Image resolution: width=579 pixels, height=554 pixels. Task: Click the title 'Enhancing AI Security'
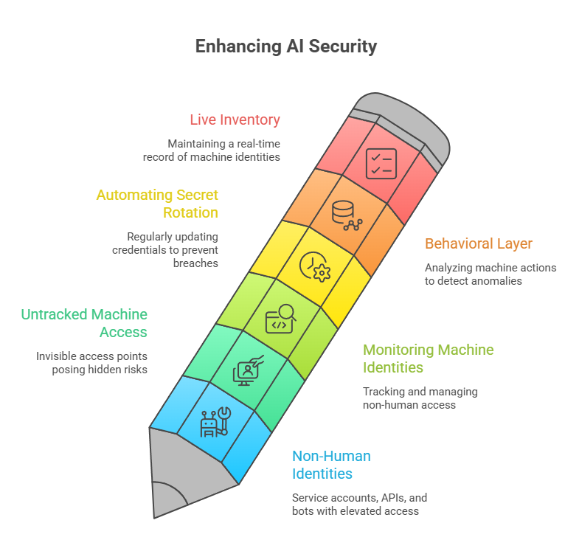[286, 46]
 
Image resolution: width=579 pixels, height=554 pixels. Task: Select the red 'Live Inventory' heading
[235, 120]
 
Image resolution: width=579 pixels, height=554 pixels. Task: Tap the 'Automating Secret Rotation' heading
[157, 204]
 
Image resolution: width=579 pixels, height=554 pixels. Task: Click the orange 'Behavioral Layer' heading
[478, 243]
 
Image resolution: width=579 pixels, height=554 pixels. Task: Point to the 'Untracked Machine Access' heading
[84, 323]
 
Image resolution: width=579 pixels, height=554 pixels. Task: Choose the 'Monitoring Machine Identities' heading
[428, 358]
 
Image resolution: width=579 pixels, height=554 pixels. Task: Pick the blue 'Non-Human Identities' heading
[331, 465]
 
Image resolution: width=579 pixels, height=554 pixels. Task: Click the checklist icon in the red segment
[381, 163]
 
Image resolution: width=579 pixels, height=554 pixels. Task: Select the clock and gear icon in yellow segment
[314, 268]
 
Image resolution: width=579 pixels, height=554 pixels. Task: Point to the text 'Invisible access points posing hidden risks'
[91, 362]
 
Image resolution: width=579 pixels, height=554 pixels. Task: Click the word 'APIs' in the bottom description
[392, 497]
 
